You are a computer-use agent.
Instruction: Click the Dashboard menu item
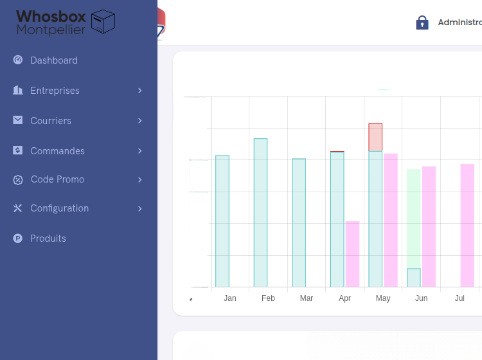pos(54,60)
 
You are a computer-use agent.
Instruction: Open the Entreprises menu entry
pos(55,91)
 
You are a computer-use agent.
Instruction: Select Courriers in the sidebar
pos(51,121)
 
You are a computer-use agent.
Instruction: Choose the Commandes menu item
pos(57,151)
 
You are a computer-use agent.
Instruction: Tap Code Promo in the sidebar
pos(57,179)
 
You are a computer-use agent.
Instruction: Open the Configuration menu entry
pos(59,208)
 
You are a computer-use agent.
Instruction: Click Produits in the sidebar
pos(48,239)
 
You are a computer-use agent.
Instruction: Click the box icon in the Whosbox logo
pos(103,21)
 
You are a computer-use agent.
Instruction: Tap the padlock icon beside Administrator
pos(422,22)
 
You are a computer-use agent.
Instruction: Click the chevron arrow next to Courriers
pos(139,121)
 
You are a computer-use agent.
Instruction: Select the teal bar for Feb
pos(260,212)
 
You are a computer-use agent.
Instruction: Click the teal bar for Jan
pos(222,221)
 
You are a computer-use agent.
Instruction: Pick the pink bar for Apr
pos(352,254)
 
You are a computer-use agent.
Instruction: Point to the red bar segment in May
pos(375,137)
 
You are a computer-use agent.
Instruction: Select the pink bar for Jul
pos(467,225)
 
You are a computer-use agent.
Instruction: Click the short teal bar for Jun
pos(414,278)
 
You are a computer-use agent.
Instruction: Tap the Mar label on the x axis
pos(307,298)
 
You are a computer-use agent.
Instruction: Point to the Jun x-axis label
pos(421,298)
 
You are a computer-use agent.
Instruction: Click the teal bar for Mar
pos(299,222)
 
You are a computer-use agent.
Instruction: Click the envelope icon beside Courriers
pos(18,121)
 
